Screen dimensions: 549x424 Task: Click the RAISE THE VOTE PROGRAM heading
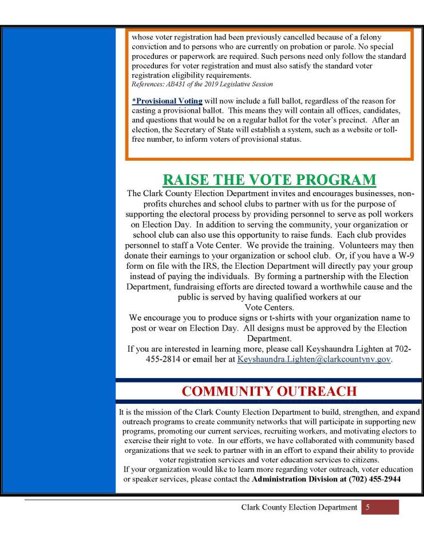pos(270,179)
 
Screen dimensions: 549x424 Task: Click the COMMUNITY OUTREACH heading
pos(269,391)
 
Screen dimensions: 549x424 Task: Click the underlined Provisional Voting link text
pos(167,101)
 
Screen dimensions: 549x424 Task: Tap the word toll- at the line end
pos(394,129)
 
